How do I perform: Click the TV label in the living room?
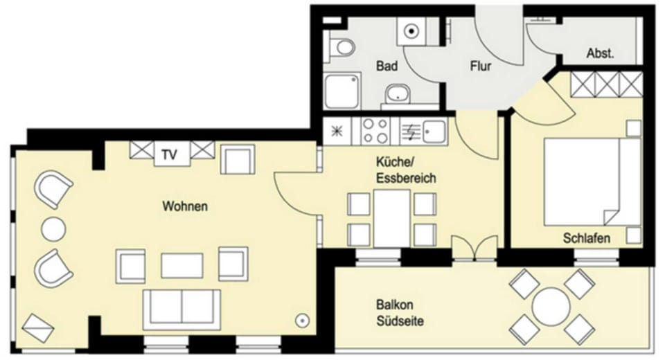click(169, 155)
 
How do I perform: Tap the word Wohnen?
click(185, 206)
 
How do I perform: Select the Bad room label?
click(387, 66)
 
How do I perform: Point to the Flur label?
click(481, 66)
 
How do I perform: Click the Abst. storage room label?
click(600, 53)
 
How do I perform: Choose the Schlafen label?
click(587, 238)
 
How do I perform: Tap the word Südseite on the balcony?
click(400, 321)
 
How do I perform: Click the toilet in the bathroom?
click(339, 48)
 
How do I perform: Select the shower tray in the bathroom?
click(343, 90)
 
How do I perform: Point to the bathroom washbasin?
click(398, 93)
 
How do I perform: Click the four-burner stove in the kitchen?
click(375, 131)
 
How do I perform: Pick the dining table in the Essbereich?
click(392, 218)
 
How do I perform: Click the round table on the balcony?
click(551, 307)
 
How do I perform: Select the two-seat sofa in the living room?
click(181, 309)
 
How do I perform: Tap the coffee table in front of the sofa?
click(182, 266)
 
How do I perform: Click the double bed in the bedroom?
click(592, 181)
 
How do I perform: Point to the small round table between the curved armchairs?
click(53, 229)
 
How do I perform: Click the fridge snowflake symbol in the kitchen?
click(337, 131)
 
